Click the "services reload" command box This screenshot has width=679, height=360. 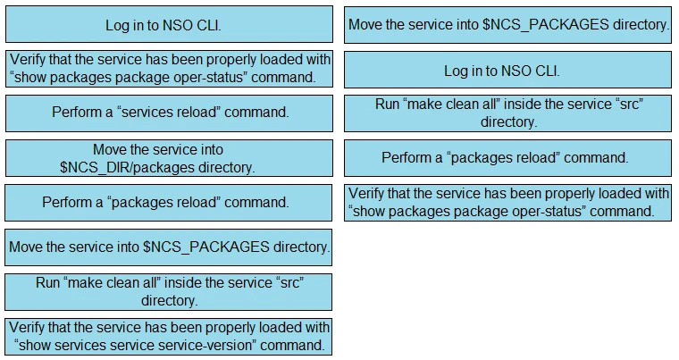pos(169,113)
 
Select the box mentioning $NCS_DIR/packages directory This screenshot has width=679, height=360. pos(169,158)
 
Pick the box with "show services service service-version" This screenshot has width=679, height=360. pos(169,337)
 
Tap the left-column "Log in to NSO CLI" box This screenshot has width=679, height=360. pos(169,25)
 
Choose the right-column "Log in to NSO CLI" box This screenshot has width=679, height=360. pos(507,70)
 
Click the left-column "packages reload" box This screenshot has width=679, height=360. pos(169,203)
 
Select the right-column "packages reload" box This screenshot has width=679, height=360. pos(507,158)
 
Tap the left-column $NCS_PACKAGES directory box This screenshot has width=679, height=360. pos(169,247)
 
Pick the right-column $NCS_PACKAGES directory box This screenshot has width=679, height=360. pos(507,25)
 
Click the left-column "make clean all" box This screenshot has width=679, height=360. pos(169,291)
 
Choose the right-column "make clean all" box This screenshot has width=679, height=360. pos(507,113)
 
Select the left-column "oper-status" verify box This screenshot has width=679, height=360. pos(169,69)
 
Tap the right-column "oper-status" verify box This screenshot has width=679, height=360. pos(507,202)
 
